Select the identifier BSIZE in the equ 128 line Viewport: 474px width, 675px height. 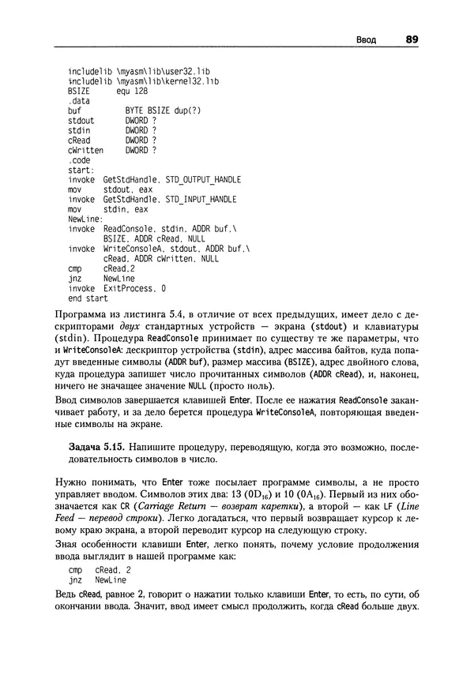(80, 92)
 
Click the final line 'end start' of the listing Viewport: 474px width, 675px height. (88, 299)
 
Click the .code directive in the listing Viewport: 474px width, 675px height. (79, 159)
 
